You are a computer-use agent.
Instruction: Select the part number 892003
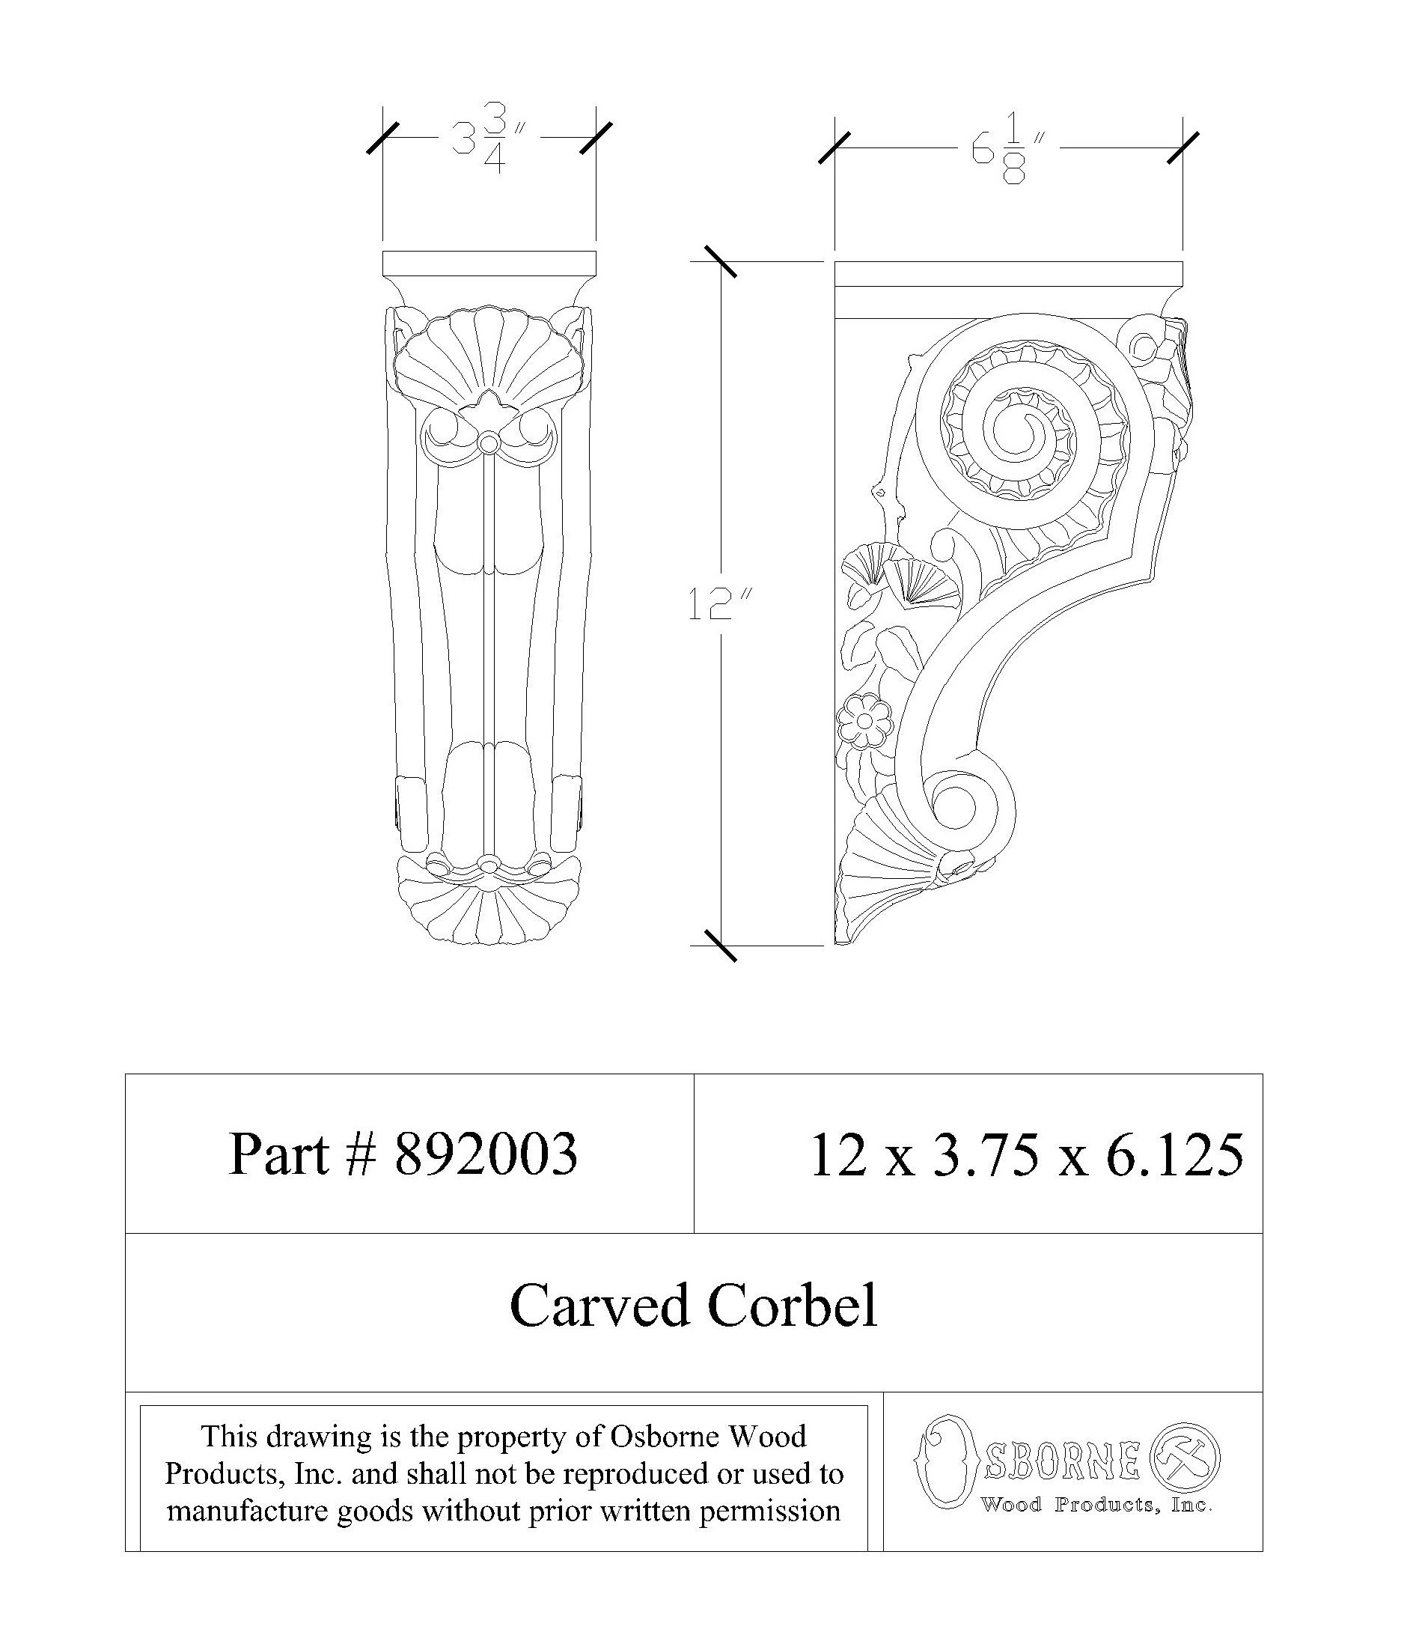coord(486,1154)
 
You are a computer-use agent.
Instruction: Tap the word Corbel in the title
coord(792,1305)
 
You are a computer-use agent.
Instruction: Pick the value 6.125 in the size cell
coord(1174,1154)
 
